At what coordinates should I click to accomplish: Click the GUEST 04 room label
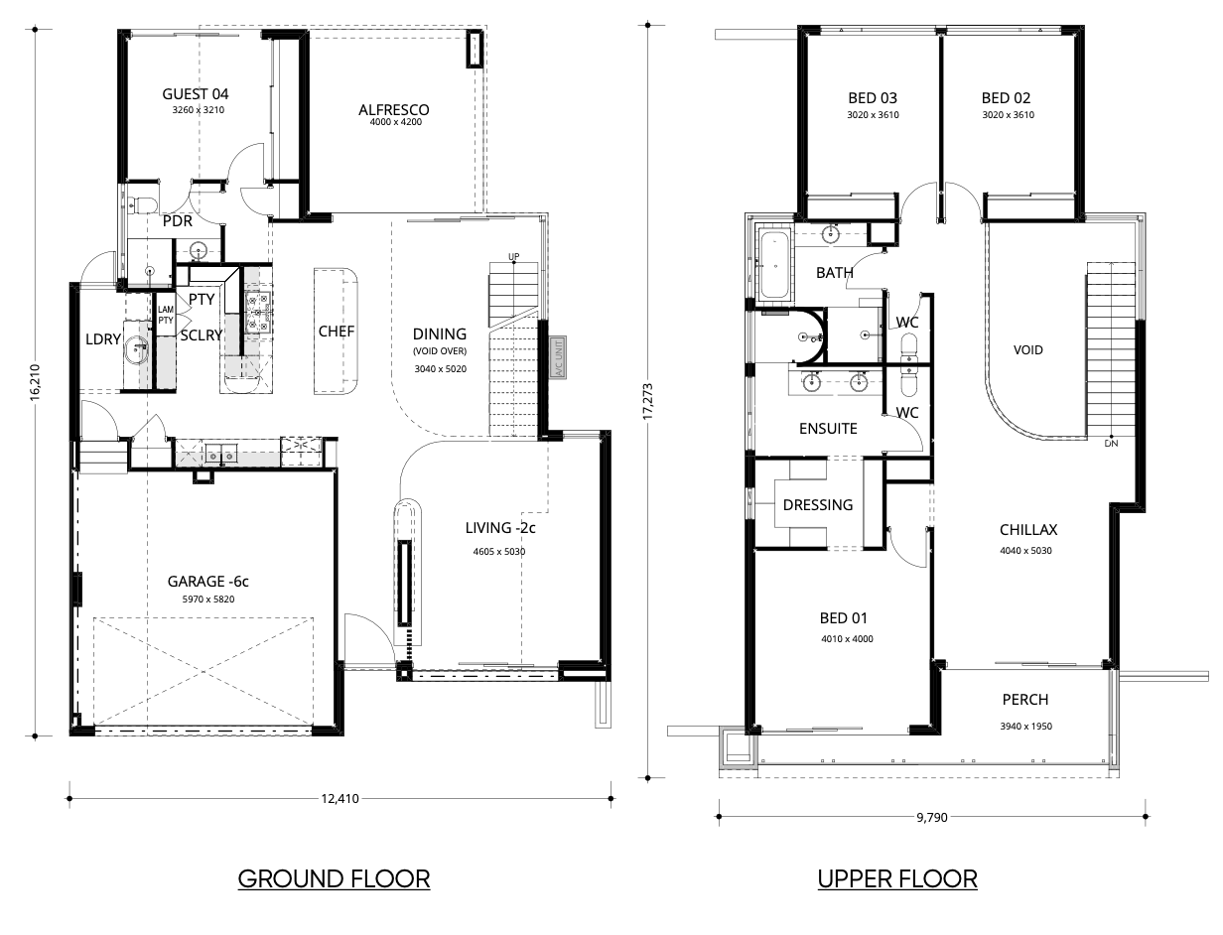(x=195, y=93)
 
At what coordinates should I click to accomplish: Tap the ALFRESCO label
(x=393, y=109)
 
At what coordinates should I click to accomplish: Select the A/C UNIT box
(x=558, y=358)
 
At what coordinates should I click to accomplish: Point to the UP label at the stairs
(x=513, y=256)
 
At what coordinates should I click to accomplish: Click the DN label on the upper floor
(x=1111, y=444)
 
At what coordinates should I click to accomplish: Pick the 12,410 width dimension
(x=340, y=799)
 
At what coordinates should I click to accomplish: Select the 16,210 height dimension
(x=35, y=382)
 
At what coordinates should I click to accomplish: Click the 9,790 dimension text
(x=931, y=817)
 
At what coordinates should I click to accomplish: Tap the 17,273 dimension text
(x=647, y=401)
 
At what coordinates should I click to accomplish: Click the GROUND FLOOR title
(x=334, y=878)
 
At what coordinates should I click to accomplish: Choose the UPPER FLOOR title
(x=897, y=878)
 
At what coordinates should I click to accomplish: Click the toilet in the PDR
(x=140, y=204)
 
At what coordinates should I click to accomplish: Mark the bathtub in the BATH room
(x=774, y=265)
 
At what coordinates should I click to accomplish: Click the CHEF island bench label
(x=336, y=332)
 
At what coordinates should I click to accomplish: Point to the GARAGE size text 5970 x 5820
(x=207, y=600)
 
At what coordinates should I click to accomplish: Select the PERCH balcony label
(x=1024, y=700)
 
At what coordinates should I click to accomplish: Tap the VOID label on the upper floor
(x=1027, y=349)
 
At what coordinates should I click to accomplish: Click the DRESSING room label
(x=817, y=504)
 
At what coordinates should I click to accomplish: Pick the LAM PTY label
(x=166, y=315)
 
